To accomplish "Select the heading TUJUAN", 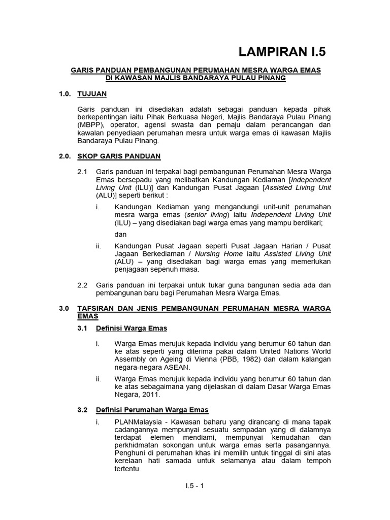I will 92,94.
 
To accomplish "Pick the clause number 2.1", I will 83,172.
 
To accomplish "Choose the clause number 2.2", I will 83,285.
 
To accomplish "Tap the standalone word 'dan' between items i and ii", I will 120,234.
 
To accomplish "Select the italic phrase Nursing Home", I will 216,253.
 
